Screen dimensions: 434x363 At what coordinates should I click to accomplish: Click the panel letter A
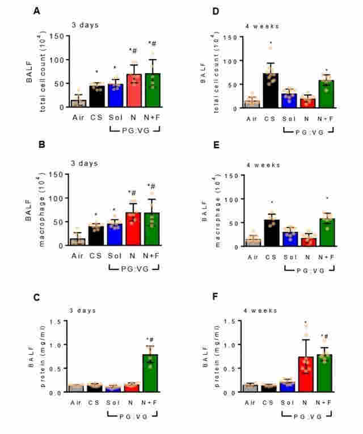pos(37,10)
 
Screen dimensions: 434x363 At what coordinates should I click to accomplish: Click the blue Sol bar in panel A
pos(116,96)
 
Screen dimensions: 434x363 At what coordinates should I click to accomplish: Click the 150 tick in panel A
pos(56,36)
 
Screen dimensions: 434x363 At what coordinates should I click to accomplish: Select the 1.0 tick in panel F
pos(230,345)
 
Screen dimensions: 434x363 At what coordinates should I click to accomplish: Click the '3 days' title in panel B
pos(84,163)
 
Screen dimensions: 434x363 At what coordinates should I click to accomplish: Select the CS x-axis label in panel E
pos(272,257)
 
